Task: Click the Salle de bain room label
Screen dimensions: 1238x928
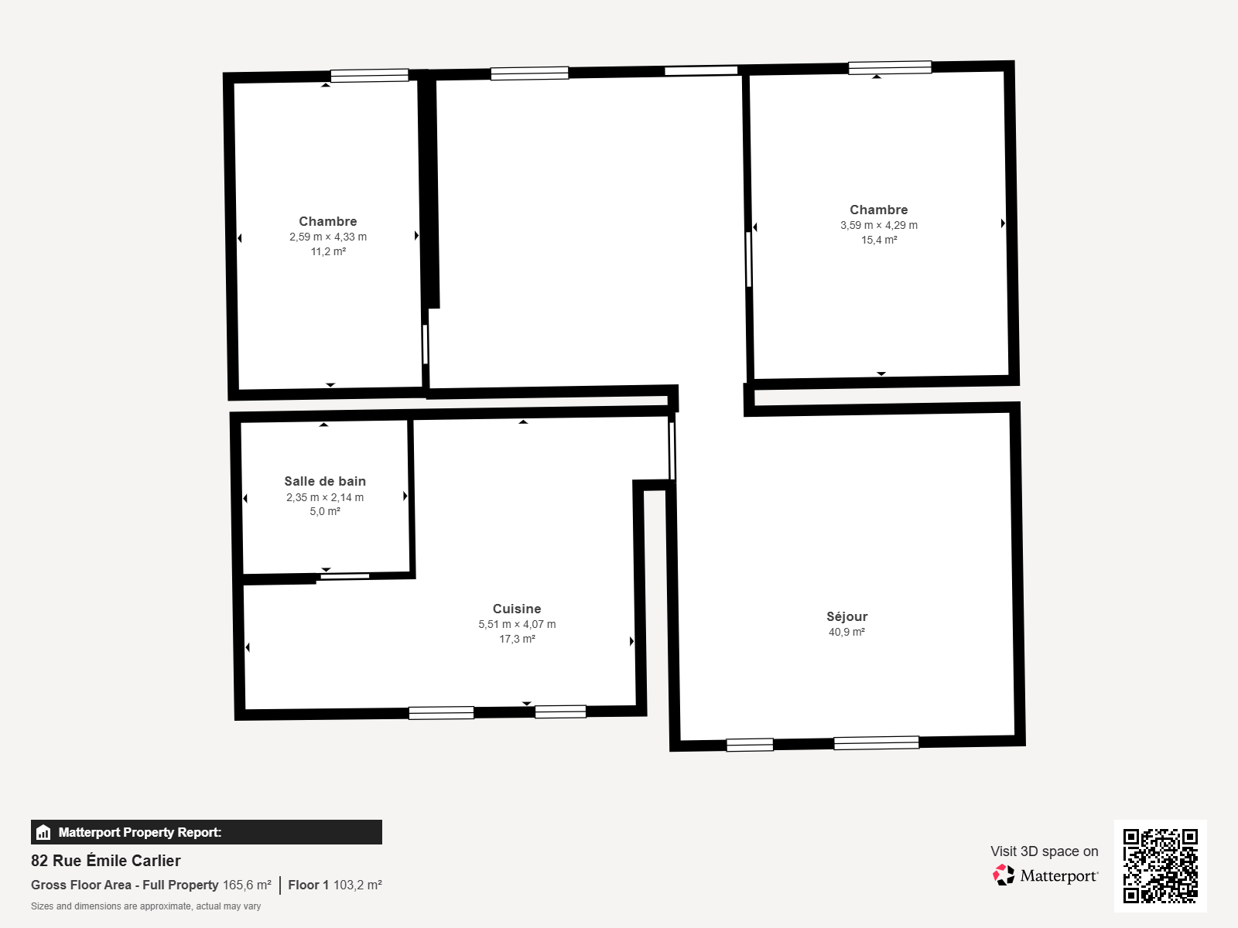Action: click(x=325, y=481)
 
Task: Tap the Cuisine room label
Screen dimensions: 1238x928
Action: click(x=517, y=609)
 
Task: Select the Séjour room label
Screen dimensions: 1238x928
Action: click(x=846, y=616)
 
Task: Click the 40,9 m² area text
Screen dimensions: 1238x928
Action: click(x=846, y=632)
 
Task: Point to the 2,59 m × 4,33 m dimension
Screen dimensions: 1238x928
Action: click(x=328, y=237)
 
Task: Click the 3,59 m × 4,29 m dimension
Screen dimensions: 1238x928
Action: click(x=879, y=225)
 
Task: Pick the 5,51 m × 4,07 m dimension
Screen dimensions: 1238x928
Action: click(x=517, y=624)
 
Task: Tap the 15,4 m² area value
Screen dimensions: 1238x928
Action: click(x=879, y=240)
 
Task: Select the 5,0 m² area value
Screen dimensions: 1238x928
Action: click(x=325, y=512)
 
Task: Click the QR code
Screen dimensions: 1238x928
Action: click(x=1160, y=866)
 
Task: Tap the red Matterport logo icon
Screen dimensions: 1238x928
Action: click(x=1004, y=875)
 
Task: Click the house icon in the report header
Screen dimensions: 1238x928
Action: click(x=43, y=832)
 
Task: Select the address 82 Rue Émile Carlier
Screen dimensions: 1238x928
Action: click(x=105, y=861)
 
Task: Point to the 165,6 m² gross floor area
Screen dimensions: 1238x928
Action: click(x=247, y=885)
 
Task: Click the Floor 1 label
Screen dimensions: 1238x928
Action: click(x=308, y=885)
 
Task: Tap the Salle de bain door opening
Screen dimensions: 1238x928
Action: click(x=344, y=576)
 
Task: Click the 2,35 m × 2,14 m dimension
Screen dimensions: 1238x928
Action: click(x=325, y=497)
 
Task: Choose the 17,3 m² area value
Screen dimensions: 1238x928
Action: click(x=517, y=639)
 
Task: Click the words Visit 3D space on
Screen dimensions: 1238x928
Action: click(x=1044, y=851)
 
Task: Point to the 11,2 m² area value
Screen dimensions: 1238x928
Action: click(x=328, y=252)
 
